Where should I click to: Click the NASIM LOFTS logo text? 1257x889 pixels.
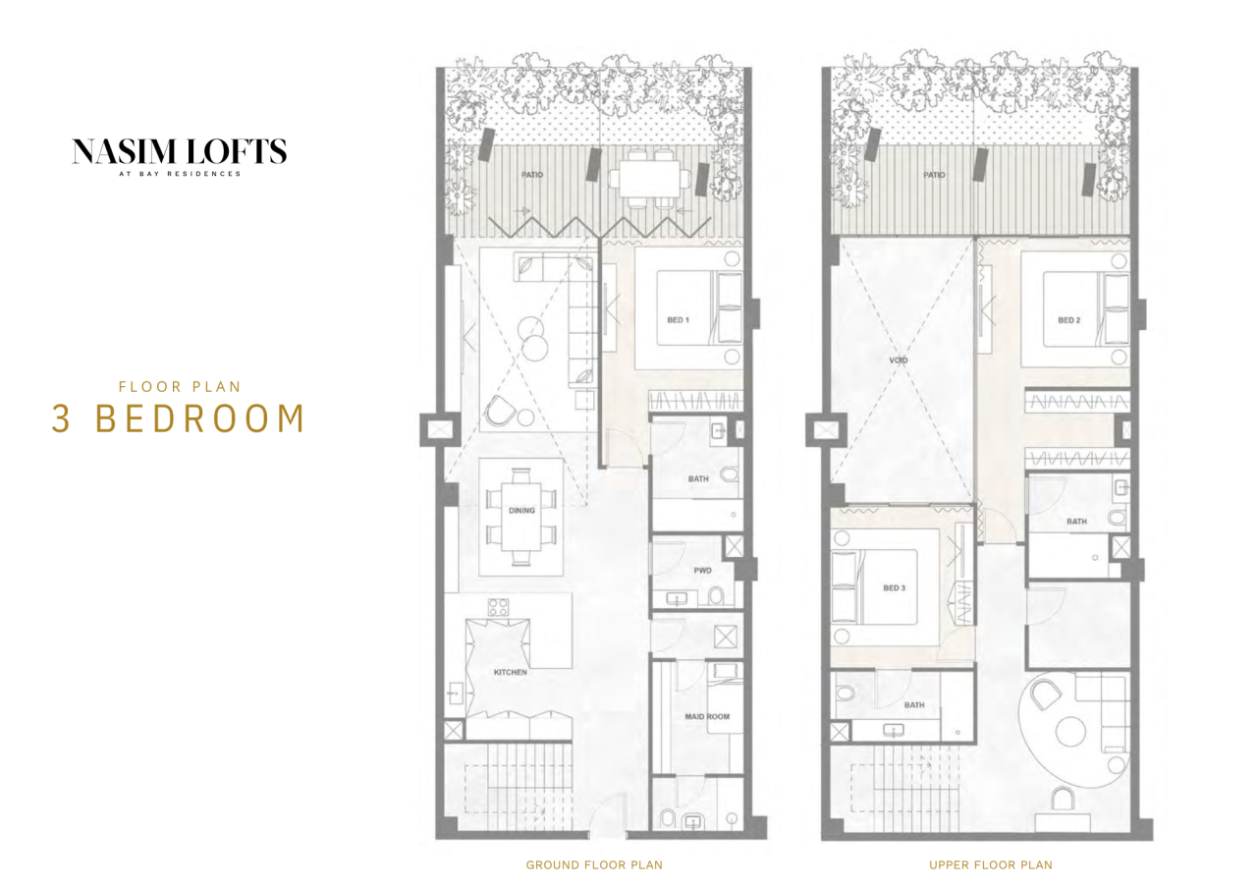179,151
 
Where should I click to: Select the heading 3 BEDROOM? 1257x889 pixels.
179,418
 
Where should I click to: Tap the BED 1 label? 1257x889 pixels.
678,320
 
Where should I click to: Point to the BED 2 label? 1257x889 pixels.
1068,320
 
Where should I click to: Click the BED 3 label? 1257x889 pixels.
893,588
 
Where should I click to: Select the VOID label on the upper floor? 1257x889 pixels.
900,361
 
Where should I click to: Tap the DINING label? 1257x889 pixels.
521,511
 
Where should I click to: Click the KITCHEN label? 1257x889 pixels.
510,672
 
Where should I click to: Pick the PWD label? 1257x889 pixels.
701,570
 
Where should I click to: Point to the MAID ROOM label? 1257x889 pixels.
706,717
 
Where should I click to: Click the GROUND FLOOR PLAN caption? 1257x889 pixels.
593,865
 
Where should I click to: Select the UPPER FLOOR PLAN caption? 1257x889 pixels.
990,865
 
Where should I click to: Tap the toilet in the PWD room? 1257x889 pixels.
717,595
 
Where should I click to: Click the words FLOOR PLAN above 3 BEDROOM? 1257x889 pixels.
179,387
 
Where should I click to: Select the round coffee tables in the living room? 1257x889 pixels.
535,339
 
